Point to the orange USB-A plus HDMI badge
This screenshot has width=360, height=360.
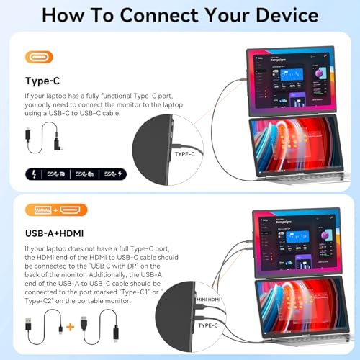click(x=55, y=210)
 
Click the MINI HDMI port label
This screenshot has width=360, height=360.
click(x=210, y=297)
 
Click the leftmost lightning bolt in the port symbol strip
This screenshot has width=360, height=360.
click(x=35, y=174)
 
